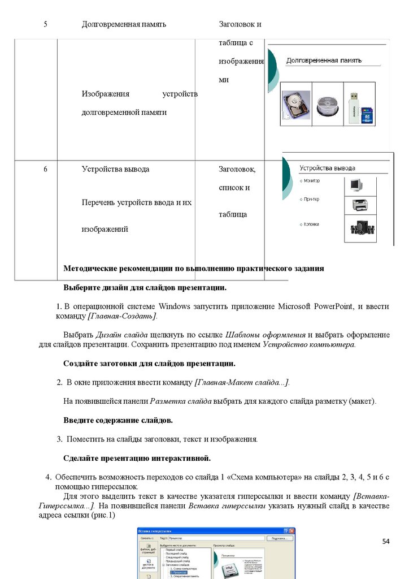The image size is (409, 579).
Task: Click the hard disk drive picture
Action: [x=296, y=105]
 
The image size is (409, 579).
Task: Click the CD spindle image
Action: [x=328, y=105]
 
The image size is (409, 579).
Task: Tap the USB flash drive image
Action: [x=359, y=107]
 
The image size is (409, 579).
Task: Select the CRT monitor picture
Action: [x=356, y=185]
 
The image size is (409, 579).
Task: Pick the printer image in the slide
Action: [x=360, y=205]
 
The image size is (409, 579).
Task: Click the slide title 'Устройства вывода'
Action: [x=328, y=168]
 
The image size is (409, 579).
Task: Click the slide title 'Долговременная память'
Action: [x=324, y=61]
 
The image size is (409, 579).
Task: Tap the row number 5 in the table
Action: [x=45, y=24]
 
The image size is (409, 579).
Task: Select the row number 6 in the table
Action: [x=45, y=169]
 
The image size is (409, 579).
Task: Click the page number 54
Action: [x=386, y=541]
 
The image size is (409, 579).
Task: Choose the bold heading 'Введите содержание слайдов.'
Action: [x=118, y=421]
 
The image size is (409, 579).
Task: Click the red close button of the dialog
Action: [x=291, y=532]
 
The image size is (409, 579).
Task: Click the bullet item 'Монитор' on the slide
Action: [x=311, y=181]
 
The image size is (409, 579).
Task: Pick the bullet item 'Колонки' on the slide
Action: [x=311, y=224]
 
